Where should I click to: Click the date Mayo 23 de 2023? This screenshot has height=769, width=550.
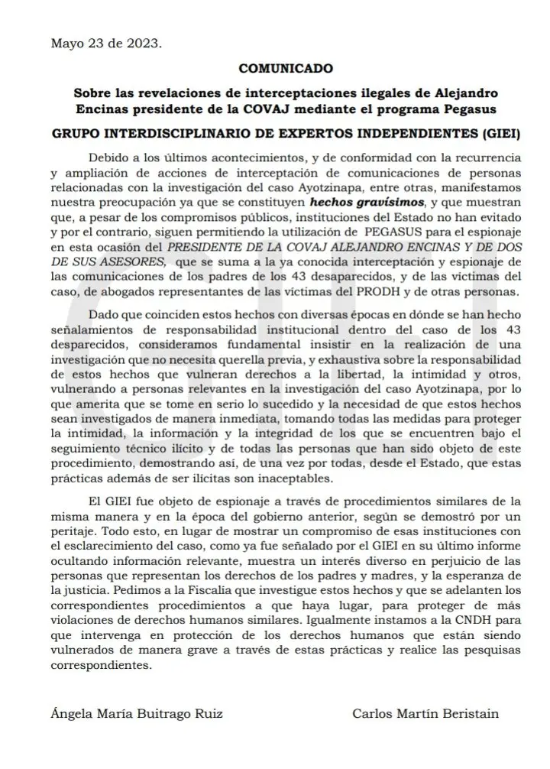(x=105, y=43)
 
